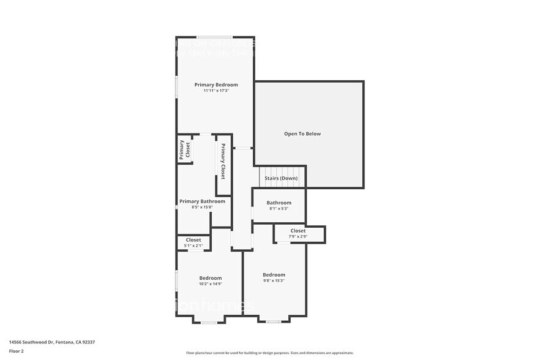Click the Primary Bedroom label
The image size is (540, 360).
[x=216, y=84]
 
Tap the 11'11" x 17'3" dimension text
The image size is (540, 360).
[x=216, y=91]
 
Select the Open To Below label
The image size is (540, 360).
[x=302, y=133]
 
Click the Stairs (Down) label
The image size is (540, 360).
[x=280, y=178]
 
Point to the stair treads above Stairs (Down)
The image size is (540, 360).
[x=280, y=171]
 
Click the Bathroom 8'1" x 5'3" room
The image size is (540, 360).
[x=279, y=205]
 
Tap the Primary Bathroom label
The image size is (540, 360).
[x=202, y=201]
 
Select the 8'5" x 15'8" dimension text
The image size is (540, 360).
[x=202, y=207]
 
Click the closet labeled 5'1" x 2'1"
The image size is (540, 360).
[x=193, y=242]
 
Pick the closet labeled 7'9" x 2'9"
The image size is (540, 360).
[x=298, y=233]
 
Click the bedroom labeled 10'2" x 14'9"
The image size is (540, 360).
[x=210, y=280]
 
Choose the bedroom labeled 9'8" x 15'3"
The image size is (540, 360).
[x=274, y=277]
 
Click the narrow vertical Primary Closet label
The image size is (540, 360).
[x=223, y=161]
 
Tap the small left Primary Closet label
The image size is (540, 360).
[x=182, y=150]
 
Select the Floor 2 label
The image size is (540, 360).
[x=17, y=351]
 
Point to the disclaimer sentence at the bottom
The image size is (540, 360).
[x=269, y=353]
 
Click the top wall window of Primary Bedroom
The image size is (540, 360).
[x=214, y=37]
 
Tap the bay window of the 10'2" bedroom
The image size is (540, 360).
[x=209, y=322]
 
